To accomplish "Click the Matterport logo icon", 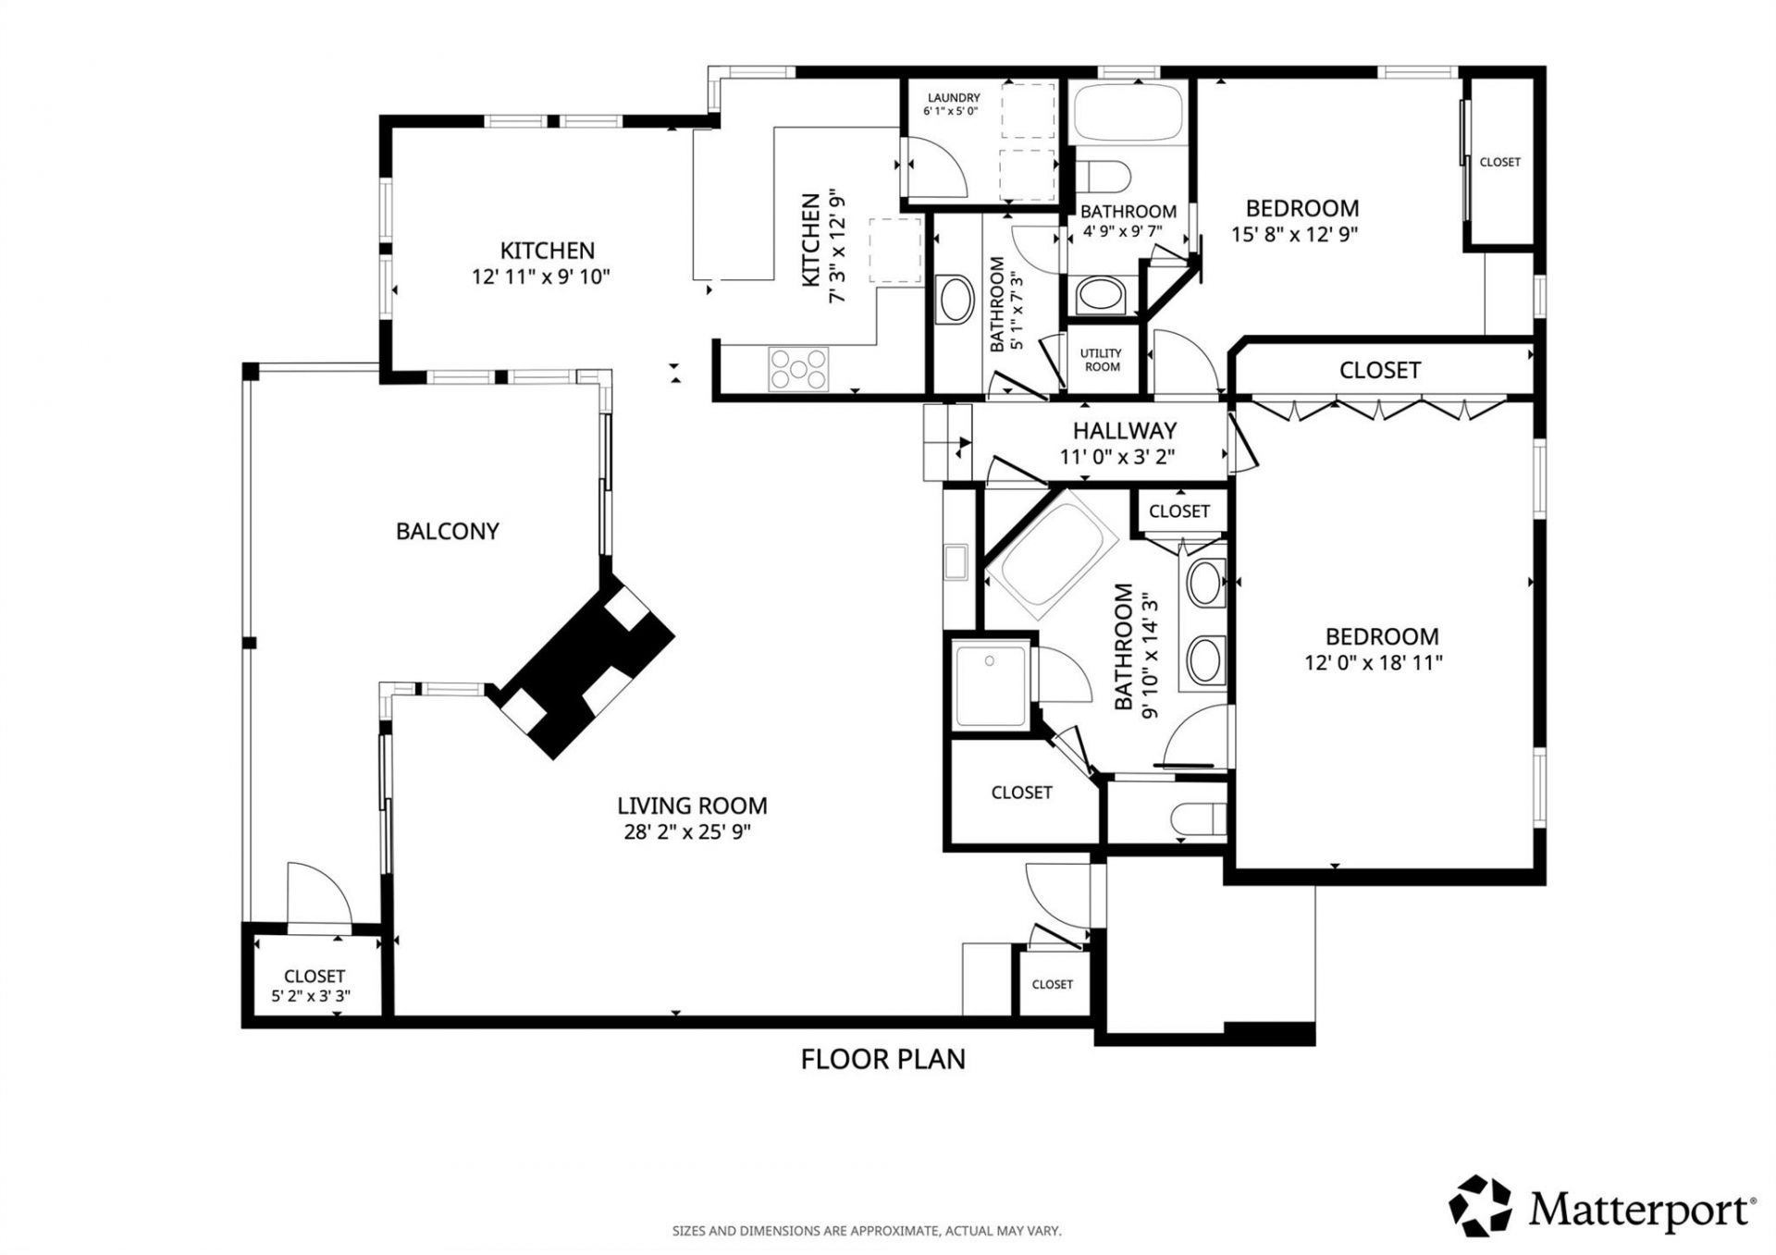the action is pyautogui.click(x=1480, y=1206).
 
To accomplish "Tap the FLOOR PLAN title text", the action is pyautogui.click(x=882, y=1059).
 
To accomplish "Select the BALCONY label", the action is pyautogui.click(x=448, y=531).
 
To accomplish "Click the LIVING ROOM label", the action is pyautogui.click(x=692, y=806).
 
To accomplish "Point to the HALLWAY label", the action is pyautogui.click(x=1125, y=430).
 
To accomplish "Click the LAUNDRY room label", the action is pyautogui.click(x=954, y=98).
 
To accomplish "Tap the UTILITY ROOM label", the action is pyautogui.click(x=1102, y=360).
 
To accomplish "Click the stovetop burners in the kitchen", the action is pyautogui.click(x=798, y=367).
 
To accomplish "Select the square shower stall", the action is pyautogui.click(x=991, y=685).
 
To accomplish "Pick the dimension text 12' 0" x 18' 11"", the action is pyautogui.click(x=1374, y=662).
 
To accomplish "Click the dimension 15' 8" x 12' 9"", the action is pyautogui.click(x=1294, y=234).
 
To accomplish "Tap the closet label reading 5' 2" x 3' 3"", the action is pyautogui.click(x=311, y=996).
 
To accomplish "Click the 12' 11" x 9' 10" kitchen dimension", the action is pyautogui.click(x=541, y=277).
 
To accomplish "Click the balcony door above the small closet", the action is pyautogui.click(x=319, y=893).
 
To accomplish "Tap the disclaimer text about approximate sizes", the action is pyautogui.click(x=866, y=1231).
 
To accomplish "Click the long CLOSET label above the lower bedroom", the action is pyautogui.click(x=1379, y=370).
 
